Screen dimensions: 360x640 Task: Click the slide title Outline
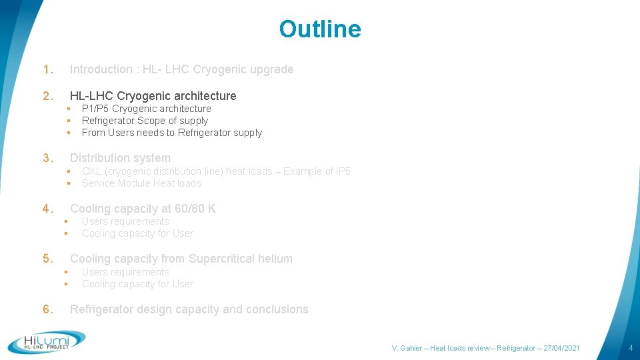(x=319, y=29)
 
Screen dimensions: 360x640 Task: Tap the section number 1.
(x=47, y=69)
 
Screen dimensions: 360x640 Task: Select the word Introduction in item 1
(x=101, y=69)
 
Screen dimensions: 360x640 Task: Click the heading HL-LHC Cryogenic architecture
(x=153, y=96)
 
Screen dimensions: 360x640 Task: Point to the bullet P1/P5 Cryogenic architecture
(x=146, y=109)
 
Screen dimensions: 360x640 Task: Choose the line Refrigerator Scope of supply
(x=145, y=121)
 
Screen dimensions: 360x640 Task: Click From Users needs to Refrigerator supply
(x=171, y=133)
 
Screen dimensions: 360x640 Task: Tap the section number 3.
(x=47, y=158)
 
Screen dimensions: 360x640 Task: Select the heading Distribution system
(x=120, y=158)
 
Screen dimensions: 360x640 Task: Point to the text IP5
(x=341, y=171)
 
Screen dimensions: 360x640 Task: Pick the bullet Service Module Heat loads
(x=141, y=183)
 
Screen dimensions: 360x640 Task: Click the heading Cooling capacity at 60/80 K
(x=143, y=209)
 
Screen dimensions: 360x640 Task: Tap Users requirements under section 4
(x=125, y=221)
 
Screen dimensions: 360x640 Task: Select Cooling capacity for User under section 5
(x=137, y=284)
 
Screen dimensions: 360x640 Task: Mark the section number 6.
(x=47, y=309)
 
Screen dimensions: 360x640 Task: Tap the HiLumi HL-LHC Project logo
(x=47, y=341)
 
